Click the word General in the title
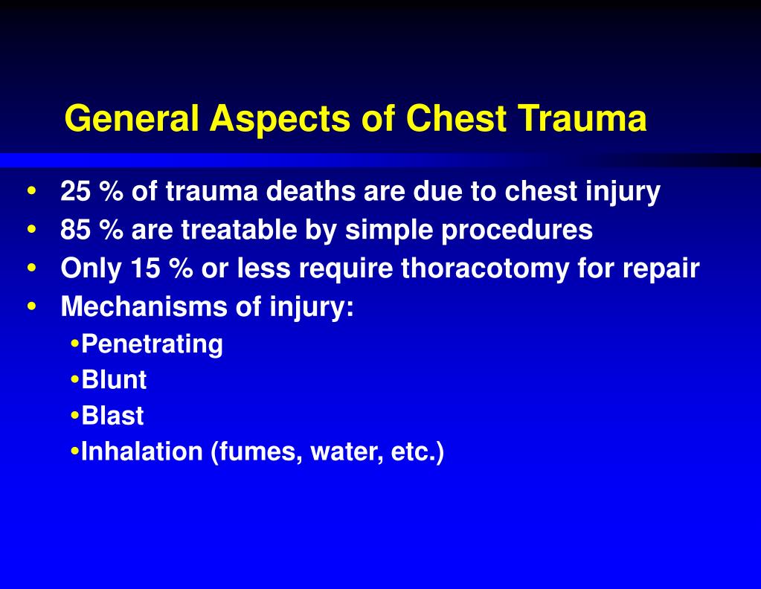pyautogui.click(x=132, y=118)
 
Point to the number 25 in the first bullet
pyautogui.click(x=75, y=192)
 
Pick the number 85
pyautogui.click(x=75, y=230)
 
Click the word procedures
pyautogui.click(x=518, y=230)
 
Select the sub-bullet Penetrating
pyautogui.click(x=152, y=344)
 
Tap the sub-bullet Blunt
pyautogui.click(x=114, y=380)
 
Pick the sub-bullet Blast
pyautogui.click(x=112, y=416)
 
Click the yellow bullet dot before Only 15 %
pyautogui.click(x=31, y=268)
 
